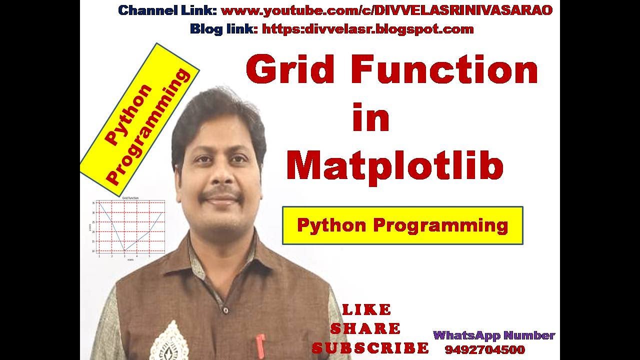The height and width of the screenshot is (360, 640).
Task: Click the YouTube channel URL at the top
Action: pos(386,10)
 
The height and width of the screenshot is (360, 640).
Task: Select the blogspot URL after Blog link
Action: pos(367,29)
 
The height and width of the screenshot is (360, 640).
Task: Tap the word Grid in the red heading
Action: pos(290,70)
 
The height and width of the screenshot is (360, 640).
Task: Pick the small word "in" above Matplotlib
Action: pos(370,118)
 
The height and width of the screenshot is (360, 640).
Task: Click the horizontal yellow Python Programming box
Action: pos(402,225)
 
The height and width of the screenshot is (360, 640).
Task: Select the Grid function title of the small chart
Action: pos(130,198)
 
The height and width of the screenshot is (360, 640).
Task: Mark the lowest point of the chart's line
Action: pos(124,250)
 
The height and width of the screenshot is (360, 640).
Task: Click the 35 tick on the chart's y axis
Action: pos(93,203)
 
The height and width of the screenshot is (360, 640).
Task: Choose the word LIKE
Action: pos(366,310)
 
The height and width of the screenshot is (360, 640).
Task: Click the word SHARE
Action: pos(365,329)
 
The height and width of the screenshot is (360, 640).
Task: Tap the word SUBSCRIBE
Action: pos(370,348)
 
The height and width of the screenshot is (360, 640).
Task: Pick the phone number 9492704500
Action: pos(484,349)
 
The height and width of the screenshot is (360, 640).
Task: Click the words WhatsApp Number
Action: pos(494,335)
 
